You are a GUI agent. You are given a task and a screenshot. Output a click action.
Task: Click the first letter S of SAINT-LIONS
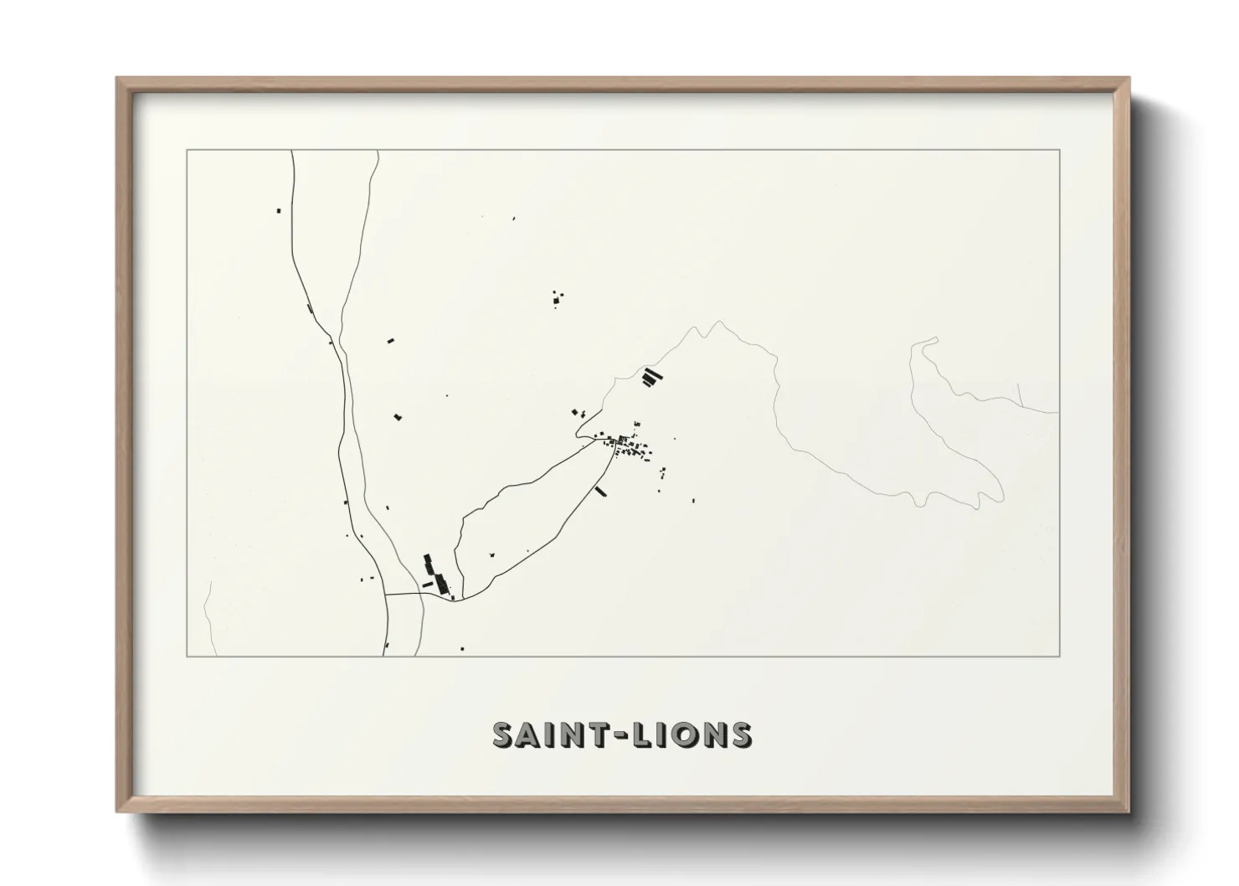click(x=504, y=734)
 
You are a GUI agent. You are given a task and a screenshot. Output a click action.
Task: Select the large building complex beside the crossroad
click(x=436, y=576)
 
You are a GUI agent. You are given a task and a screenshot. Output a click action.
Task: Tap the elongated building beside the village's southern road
click(x=599, y=491)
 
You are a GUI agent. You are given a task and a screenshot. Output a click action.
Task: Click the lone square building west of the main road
click(x=279, y=210)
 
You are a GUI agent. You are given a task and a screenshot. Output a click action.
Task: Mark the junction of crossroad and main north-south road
click(x=385, y=593)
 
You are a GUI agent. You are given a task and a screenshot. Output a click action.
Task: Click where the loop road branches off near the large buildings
click(x=463, y=597)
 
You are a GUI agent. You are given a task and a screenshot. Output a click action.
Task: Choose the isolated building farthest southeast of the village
click(x=693, y=501)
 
